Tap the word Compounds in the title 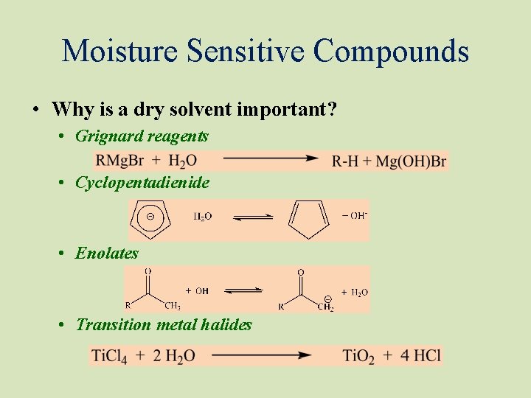click(391, 51)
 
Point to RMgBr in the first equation click(119, 161)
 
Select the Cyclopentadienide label click(142, 182)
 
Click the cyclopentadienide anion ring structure click(151, 218)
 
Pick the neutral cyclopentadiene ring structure click(308, 219)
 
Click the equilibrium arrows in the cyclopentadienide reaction click(252, 217)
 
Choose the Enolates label click(107, 254)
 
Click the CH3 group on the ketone click(171, 307)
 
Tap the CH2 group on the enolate click(325, 307)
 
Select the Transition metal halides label click(164, 325)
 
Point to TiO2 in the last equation click(358, 356)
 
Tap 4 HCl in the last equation click(421, 355)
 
